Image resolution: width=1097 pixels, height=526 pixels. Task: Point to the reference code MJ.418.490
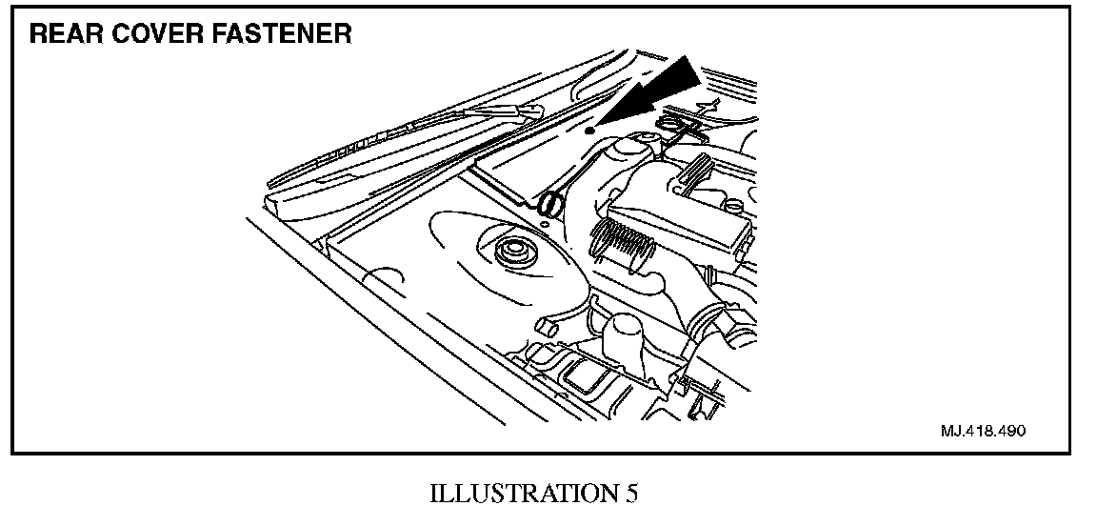(x=982, y=431)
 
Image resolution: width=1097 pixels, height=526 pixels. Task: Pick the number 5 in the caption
(x=631, y=496)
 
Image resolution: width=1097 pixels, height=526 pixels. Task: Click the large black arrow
(x=657, y=93)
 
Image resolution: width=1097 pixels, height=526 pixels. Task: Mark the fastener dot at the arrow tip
(x=590, y=129)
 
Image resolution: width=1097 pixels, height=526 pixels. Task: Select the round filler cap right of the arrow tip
(x=677, y=125)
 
